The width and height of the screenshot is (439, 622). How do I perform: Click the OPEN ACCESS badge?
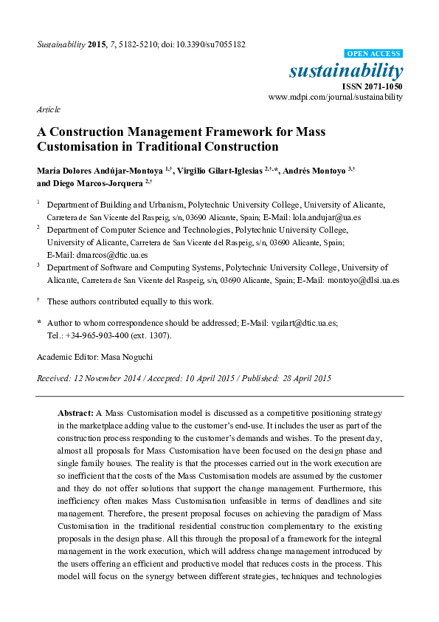coord(374,54)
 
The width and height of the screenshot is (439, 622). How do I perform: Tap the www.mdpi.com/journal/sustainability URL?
coord(336,97)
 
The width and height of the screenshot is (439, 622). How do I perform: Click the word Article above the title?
coord(48,109)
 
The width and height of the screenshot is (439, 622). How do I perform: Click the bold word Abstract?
coord(75,412)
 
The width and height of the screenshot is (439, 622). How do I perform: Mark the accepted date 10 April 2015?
coord(212,378)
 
